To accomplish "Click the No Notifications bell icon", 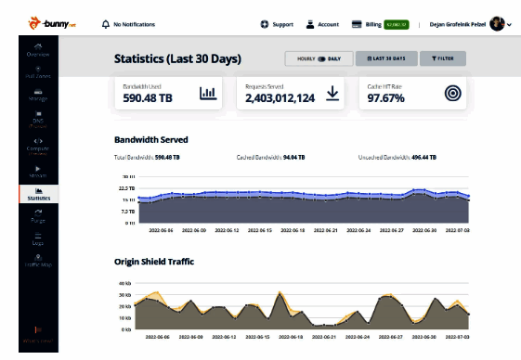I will tap(106, 23).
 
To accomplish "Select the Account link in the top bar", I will tap(321, 23).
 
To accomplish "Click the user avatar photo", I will tap(497, 23).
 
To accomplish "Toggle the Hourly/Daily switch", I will tap(320, 58).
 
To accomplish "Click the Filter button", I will tap(441, 58).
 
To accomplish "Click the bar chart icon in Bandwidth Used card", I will tap(207, 93).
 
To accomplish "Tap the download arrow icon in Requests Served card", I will tap(332, 93).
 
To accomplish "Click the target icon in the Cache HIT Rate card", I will tap(452, 93).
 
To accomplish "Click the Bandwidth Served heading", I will tap(150, 140).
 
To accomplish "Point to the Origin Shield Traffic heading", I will tap(154, 262).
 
